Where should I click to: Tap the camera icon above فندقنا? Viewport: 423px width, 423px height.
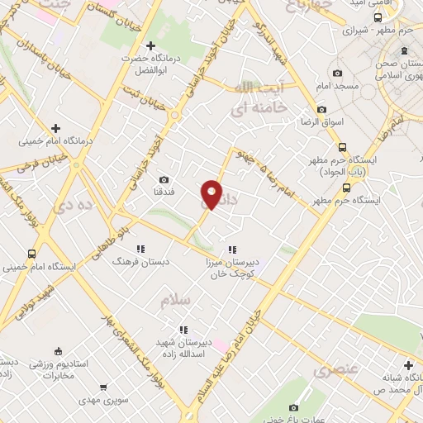click(164, 179)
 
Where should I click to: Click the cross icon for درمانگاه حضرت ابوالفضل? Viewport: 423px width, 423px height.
click(150, 46)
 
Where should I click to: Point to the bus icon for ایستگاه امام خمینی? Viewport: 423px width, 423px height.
click(31, 254)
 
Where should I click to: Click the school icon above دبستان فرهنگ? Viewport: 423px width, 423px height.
click(140, 247)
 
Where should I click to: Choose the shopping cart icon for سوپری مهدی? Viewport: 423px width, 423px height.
click(102, 387)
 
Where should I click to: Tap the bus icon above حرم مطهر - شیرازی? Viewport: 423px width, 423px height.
click(378, 17)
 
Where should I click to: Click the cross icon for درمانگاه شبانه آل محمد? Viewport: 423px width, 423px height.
click(408, 364)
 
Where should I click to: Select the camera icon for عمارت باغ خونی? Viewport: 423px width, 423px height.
click(295, 407)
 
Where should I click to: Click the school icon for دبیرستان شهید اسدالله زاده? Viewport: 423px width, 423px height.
click(190, 329)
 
